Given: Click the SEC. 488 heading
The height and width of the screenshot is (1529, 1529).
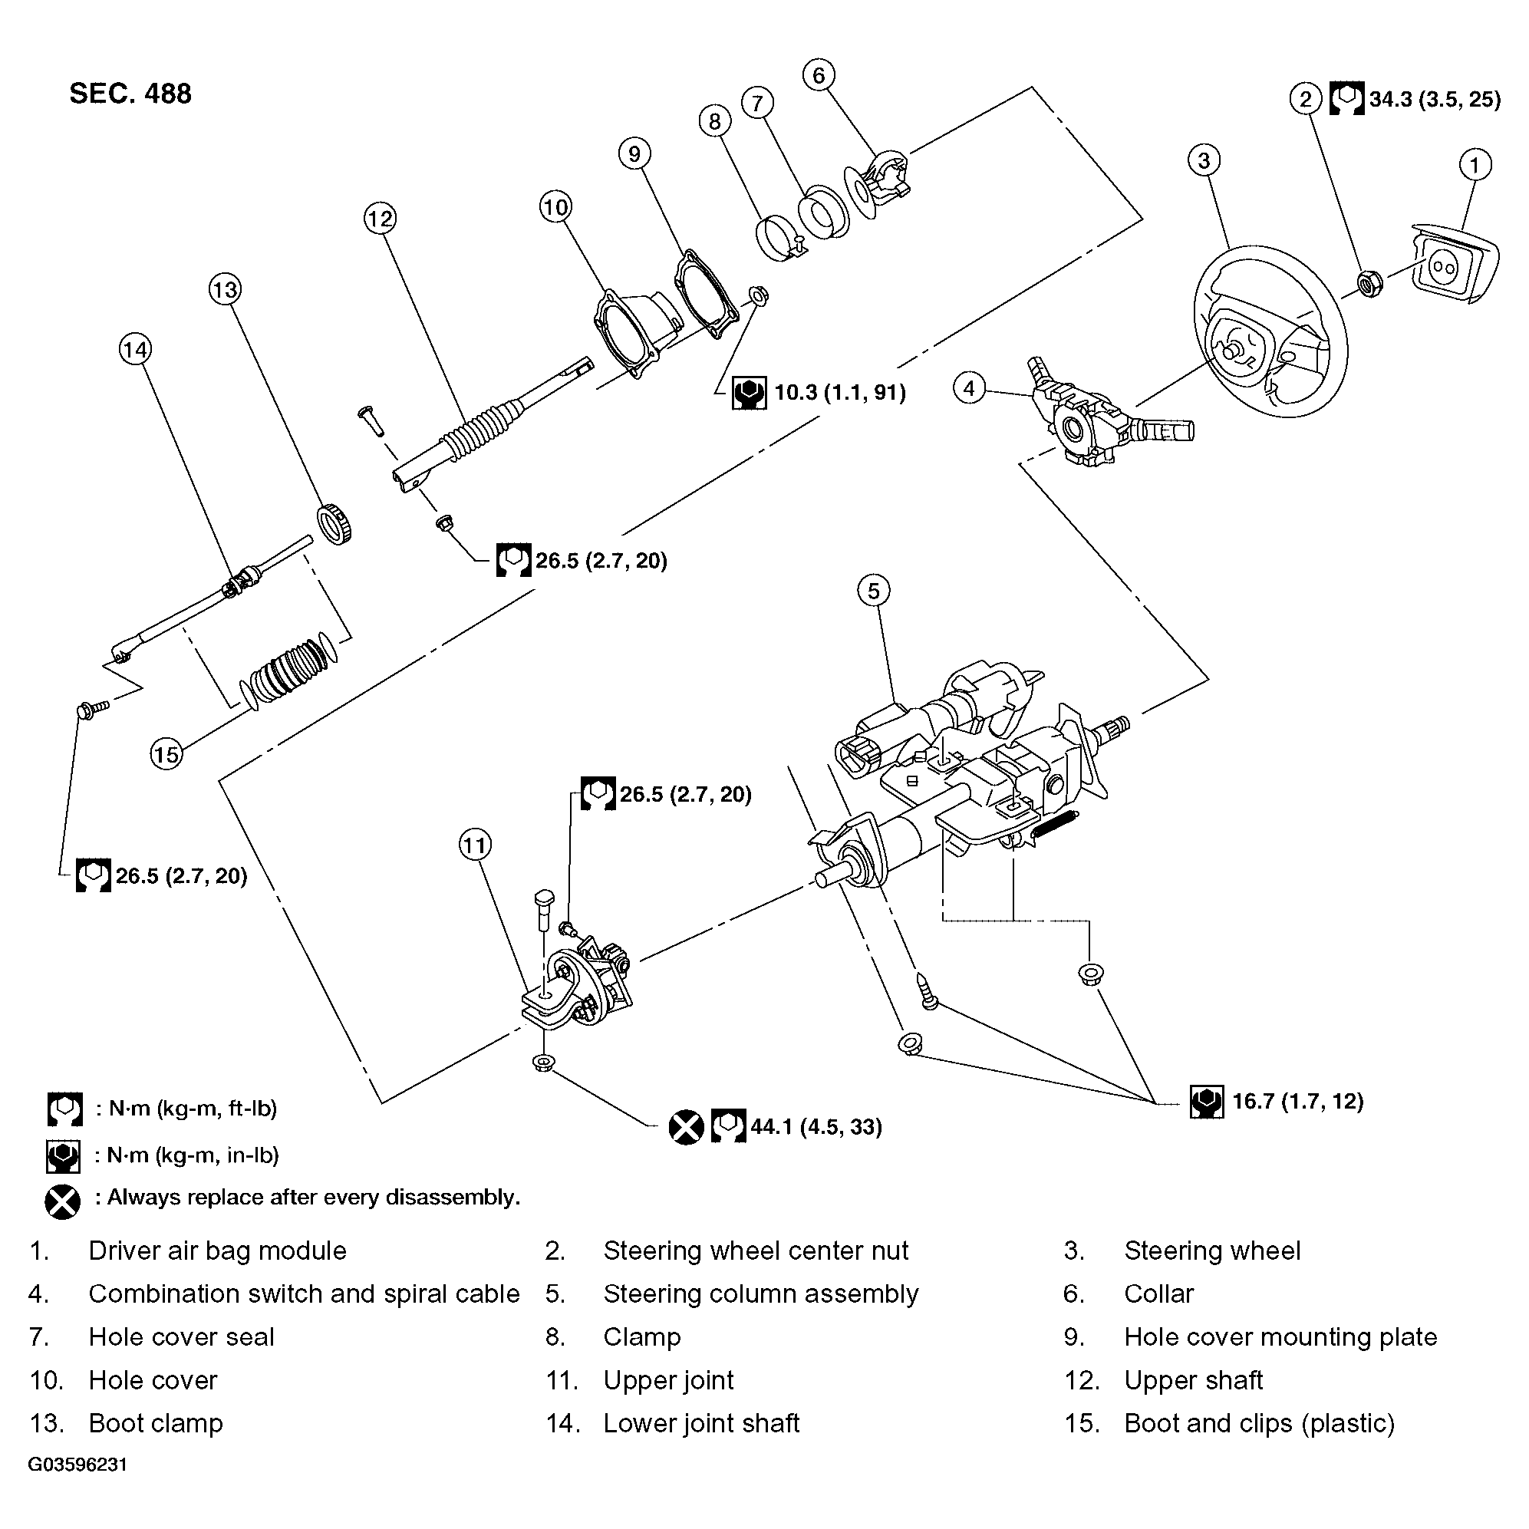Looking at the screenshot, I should point(130,94).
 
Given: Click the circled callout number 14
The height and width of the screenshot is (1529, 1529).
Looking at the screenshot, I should point(135,349).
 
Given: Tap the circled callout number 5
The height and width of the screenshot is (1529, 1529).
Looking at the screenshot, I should point(873,591).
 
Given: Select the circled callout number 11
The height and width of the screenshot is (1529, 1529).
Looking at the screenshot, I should point(475,845).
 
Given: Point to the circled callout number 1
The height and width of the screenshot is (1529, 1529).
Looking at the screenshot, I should point(1474,166).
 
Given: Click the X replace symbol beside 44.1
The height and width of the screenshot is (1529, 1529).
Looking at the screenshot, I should point(685,1126).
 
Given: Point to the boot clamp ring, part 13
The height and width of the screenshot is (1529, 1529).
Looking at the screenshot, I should point(334,523).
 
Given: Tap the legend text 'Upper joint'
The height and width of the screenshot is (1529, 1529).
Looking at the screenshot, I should point(668,1380).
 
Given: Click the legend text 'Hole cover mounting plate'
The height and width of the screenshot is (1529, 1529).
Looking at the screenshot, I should point(1280,1336).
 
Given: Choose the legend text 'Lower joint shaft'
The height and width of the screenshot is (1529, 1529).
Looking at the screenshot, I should point(701,1423).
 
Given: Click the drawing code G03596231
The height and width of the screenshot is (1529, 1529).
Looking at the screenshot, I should point(77,1464).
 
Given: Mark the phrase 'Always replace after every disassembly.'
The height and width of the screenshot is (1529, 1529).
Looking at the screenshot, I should point(314,1197).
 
